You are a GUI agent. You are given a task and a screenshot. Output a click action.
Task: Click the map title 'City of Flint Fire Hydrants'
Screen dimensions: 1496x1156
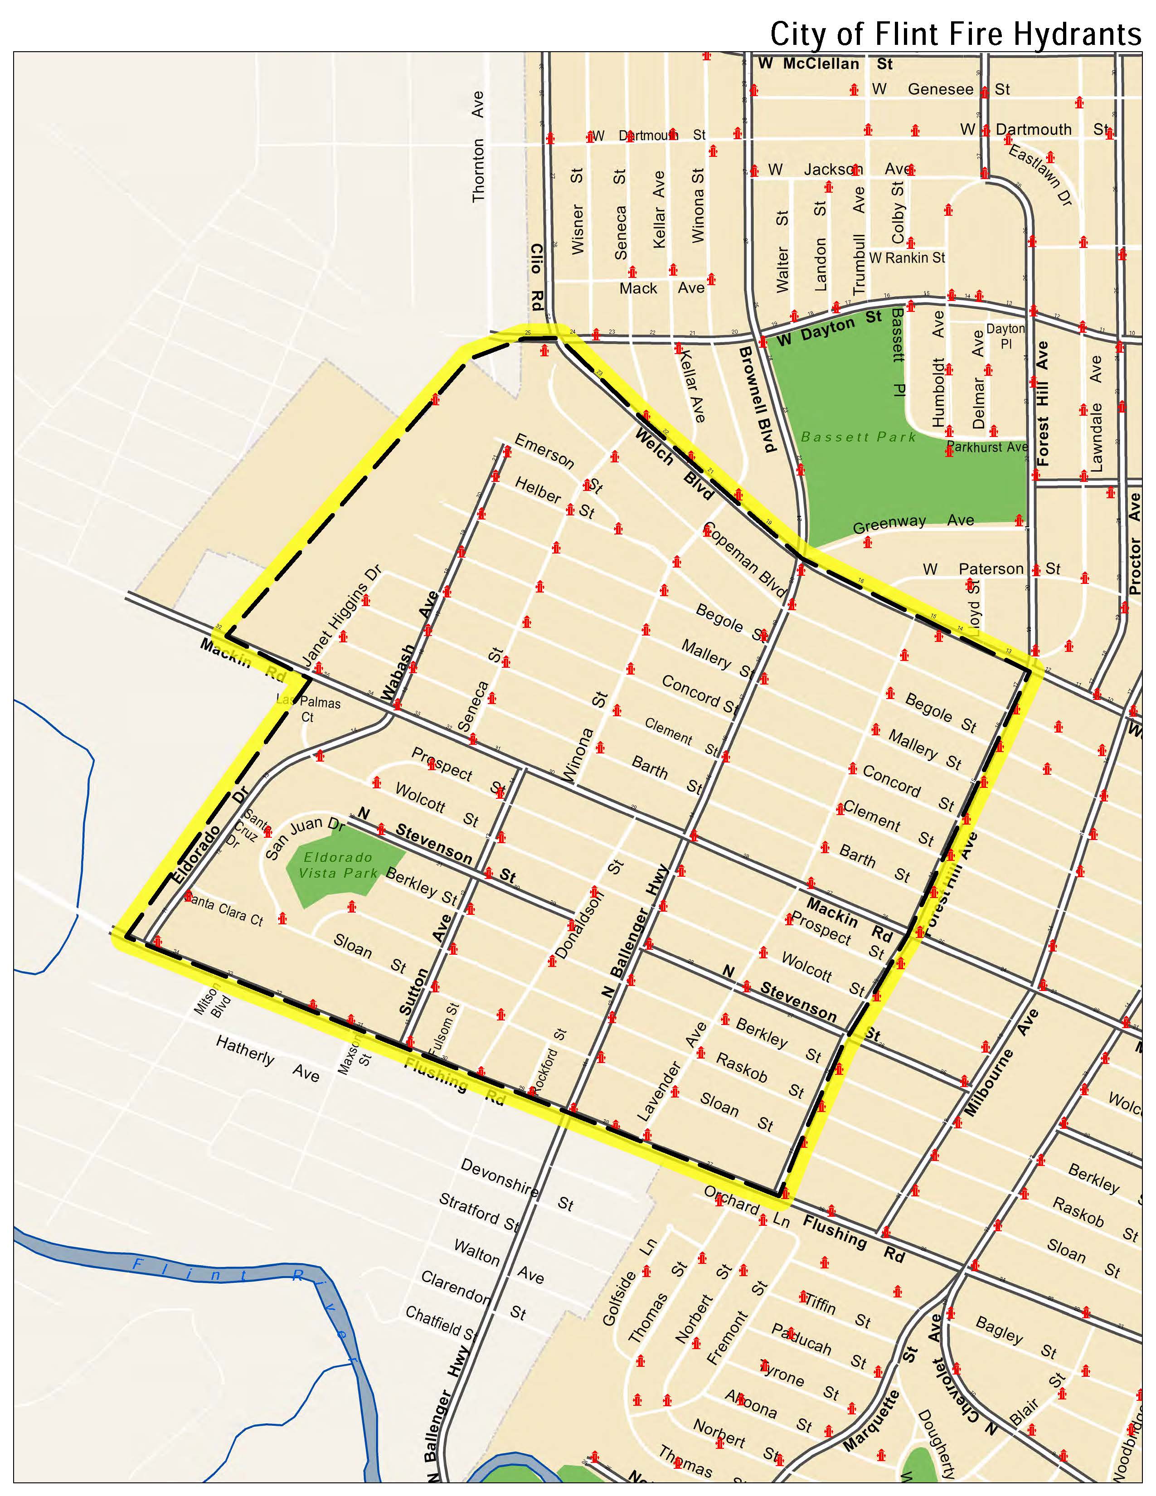pos(955,33)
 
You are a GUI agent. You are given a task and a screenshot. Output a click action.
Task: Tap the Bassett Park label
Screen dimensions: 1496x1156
pos(858,437)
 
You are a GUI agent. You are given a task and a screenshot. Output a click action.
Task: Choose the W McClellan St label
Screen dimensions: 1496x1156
pos(825,64)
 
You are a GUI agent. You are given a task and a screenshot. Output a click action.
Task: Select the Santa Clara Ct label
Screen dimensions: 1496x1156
pos(223,910)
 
